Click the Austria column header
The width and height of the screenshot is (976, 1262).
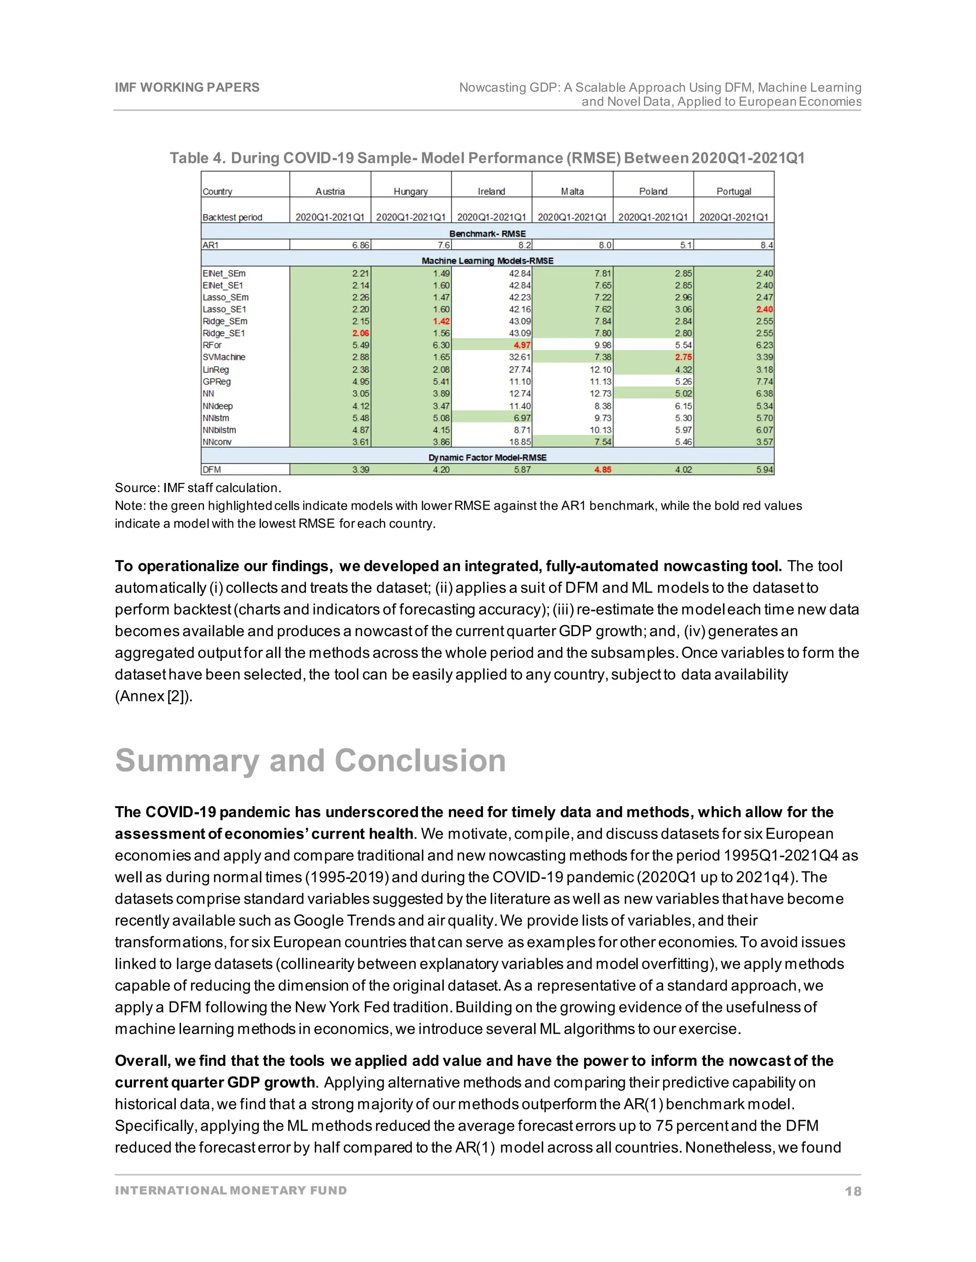(x=330, y=191)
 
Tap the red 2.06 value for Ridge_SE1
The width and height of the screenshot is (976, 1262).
(x=361, y=333)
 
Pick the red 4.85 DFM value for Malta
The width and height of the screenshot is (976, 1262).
(x=602, y=470)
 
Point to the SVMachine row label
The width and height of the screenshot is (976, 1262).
(x=224, y=357)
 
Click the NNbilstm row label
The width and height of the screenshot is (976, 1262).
(x=219, y=430)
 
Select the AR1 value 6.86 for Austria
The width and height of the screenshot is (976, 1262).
(x=361, y=245)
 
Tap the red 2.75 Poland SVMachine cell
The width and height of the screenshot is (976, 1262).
(x=683, y=357)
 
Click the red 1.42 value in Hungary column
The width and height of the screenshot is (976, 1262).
(x=441, y=321)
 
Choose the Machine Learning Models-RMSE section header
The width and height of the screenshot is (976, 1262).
(x=487, y=260)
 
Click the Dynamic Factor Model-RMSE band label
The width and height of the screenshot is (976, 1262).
(x=487, y=458)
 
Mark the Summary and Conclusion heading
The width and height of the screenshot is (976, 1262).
(x=311, y=761)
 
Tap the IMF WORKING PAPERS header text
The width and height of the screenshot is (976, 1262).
(x=187, y=87)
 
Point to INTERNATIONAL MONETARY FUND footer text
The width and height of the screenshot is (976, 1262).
(x=231, y=1191)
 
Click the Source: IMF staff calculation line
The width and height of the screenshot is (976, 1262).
(x=198, y=488)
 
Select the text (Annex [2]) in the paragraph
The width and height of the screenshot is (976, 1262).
(x=153, y=696)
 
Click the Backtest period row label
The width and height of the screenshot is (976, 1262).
(x=232, y=217)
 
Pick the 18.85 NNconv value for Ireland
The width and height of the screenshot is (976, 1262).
(x=520, y=442)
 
